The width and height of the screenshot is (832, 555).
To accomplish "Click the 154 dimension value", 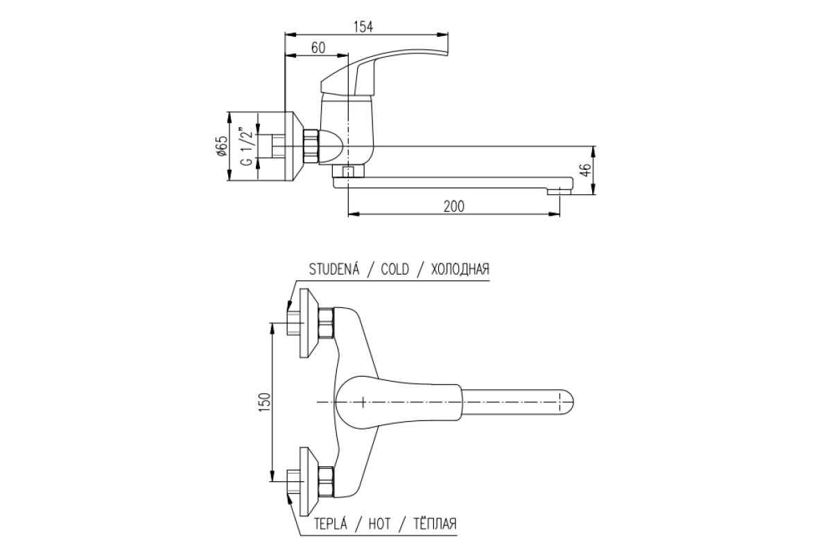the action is coord(363,27).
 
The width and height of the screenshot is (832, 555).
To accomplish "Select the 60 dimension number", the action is coord(318,48).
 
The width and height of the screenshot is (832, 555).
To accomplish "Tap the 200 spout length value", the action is coord(454,206).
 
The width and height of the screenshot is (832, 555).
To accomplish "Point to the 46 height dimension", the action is coord(585,170).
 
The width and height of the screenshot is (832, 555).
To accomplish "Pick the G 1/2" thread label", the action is coord(248,146).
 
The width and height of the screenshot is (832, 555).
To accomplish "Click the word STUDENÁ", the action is coord(334,269).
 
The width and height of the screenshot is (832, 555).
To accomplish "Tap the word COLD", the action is coord(395,269).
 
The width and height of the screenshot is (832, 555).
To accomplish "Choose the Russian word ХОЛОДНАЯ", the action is coord(460,269).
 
